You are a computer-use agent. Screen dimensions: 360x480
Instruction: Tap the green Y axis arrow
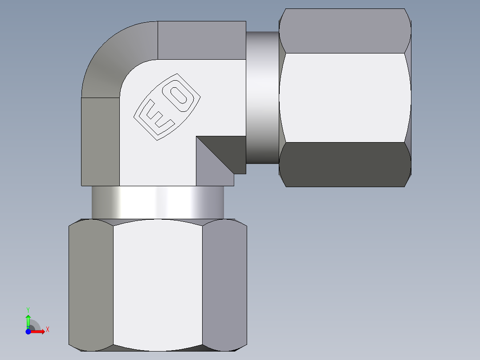(x=28, y=320)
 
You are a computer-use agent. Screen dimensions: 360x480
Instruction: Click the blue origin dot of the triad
(x=28, y=331)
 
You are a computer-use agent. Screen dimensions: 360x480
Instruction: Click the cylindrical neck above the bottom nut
(x=158, y=202)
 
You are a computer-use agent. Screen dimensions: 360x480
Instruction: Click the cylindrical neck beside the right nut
(x=263, y=97)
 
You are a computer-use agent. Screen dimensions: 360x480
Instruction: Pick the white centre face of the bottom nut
(x=158, y=285)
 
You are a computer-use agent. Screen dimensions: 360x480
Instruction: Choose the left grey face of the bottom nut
(x=91, y=285)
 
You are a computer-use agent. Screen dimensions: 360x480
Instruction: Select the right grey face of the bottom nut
(x=224, y=285)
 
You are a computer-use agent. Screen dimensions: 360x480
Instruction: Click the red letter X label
(x=48, y=330)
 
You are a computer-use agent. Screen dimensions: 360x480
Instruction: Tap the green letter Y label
(x=28, y=309)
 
